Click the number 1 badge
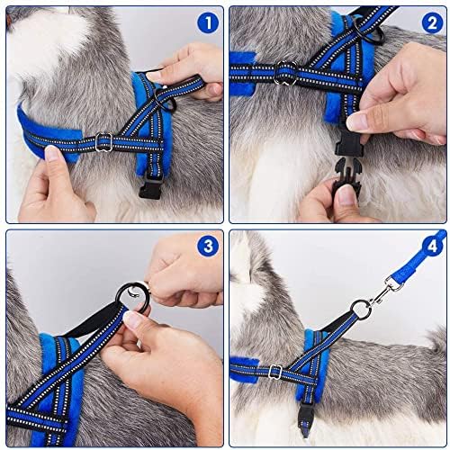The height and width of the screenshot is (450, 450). coord(208,22)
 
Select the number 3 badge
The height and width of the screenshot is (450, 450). coord(208,245)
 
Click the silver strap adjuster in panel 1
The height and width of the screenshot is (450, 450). coord(103,140)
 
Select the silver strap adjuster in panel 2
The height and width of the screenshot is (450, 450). coord(287,71)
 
